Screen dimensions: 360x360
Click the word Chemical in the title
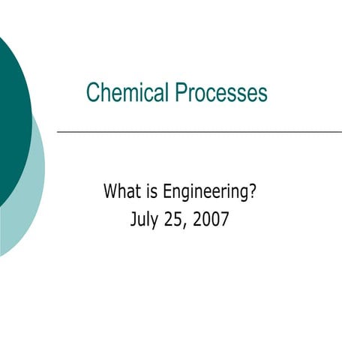128,93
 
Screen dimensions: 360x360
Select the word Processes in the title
221,93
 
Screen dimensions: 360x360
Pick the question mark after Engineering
253,192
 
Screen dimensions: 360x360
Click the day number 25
175,220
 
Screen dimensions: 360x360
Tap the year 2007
211,220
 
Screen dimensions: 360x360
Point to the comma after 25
187,225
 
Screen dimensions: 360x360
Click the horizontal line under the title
199,132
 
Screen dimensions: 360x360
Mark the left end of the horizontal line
58,132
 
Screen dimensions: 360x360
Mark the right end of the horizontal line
340,132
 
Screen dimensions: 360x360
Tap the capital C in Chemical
92,93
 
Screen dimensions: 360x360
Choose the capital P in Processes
181,93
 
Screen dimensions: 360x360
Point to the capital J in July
133,220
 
